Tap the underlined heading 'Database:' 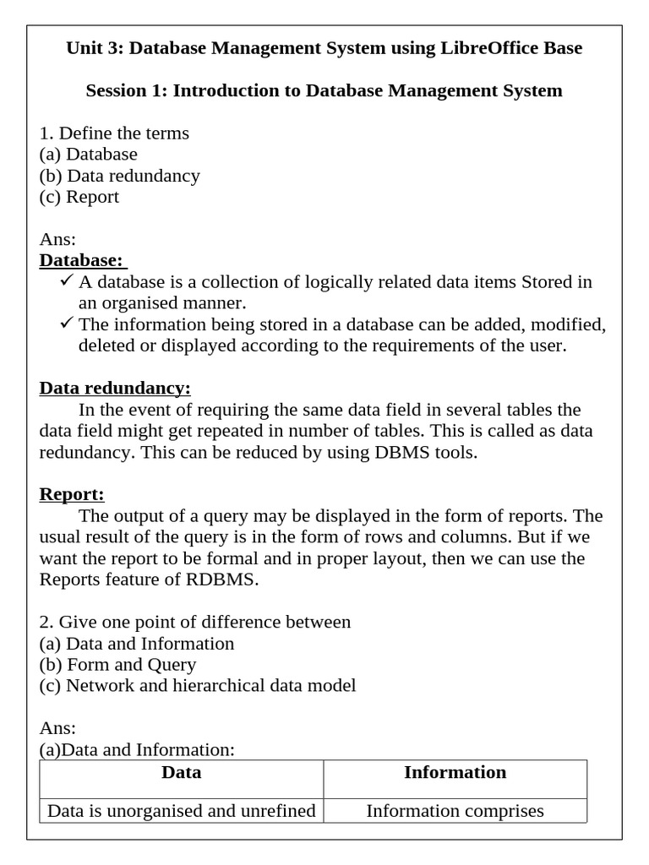pyautogui.click(x=81, y=260)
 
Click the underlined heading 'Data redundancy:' pyautogui.click(x=115, y=388)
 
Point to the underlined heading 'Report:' pyautogui.click(x=72, y=494)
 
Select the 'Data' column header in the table pyautogui.click(x=181, y=772)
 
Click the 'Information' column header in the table pyautogui.click(x=455, y=772)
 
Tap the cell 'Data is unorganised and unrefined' pyautogui.click(x=181, y=811)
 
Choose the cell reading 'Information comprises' pyautogui.click(x=455, y=811)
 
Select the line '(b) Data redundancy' pyautogui.click(x=120, y=176)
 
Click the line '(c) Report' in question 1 pyautogui.click(x=79, y=197)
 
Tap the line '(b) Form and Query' pyautogui.click(x=117, y=665)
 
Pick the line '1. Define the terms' pyautogui.click(x=114, y=133)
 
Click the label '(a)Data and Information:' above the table pyautogui.click(x=137, y=749)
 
